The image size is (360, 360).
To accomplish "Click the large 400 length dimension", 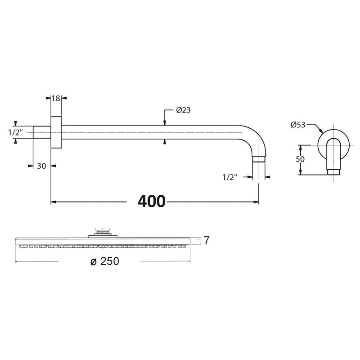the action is click(152, 201).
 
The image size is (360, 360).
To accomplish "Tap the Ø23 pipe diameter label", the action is click(183, 110).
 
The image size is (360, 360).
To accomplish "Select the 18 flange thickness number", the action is click(56, 98).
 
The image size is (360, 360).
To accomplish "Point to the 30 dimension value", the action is click(41, 166).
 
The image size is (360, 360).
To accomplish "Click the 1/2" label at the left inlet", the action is click(16, 132).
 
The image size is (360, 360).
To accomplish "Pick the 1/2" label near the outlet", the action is click(229, 177).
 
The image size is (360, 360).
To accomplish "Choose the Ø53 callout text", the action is click(298, 125).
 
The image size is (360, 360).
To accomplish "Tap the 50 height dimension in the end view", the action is click(300, 159).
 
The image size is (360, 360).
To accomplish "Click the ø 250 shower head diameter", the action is click(105, 261).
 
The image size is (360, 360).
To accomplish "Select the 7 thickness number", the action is click(207, 240).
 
